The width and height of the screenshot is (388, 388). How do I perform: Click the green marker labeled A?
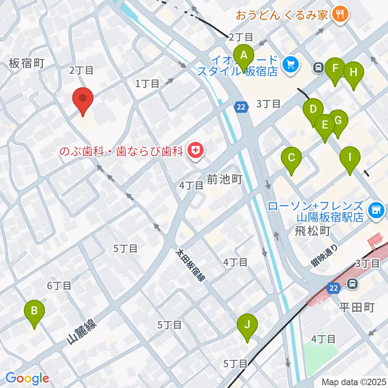[x=244, y=56]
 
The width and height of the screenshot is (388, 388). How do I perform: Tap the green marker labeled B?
[x=34, y=312]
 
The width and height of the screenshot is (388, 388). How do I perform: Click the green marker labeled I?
[x=350, y=158]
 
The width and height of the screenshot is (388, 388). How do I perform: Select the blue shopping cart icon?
[x=291, y=64]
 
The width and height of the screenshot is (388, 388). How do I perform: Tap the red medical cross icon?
[x=196, y=151]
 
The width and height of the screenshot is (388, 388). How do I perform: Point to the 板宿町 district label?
[x=26, y=63]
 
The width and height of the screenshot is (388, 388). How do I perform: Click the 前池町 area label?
[x=224, y=179]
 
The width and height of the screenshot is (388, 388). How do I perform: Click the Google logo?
[x=27, y=378]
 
